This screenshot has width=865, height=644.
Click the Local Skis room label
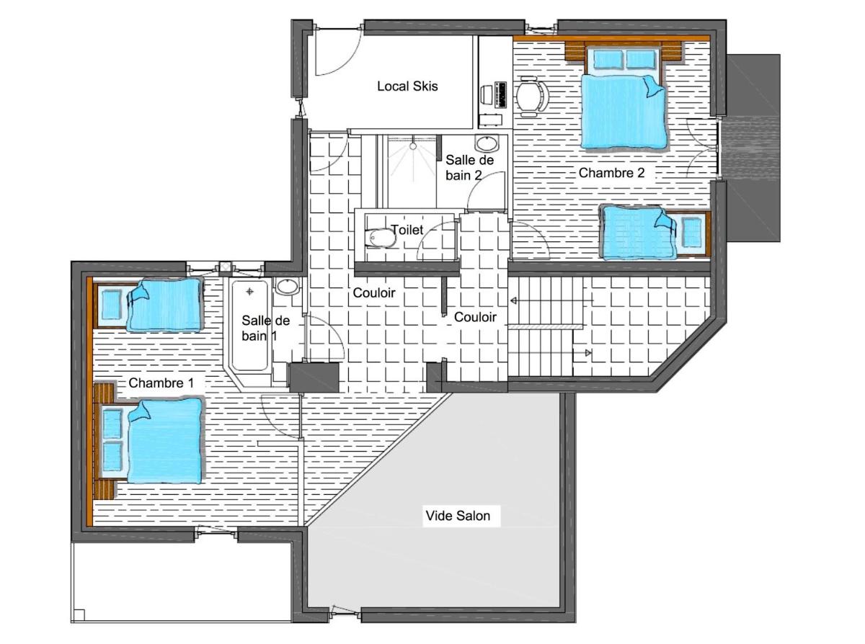pos(407,86)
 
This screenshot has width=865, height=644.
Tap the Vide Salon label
pos(458,516)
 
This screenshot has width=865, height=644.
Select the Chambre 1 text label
pos(161,383)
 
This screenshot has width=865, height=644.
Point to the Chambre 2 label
pos(611,173)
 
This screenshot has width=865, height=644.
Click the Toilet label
pos(407,230)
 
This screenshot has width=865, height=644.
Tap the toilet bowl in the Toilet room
pos(381,238)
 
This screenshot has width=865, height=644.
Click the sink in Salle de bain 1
pos(288,287)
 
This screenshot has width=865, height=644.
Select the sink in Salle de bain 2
pos(487,143)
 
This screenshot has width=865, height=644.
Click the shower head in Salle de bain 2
pos(412,146)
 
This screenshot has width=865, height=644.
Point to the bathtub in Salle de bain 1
pos(249,326)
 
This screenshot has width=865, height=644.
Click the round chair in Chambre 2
pos(531,97)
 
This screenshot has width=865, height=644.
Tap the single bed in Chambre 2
pos(655,233)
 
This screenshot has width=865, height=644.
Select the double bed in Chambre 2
pos(624,97)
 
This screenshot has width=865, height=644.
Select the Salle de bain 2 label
pos(469,168)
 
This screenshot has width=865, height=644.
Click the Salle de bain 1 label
pos(265,328)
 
